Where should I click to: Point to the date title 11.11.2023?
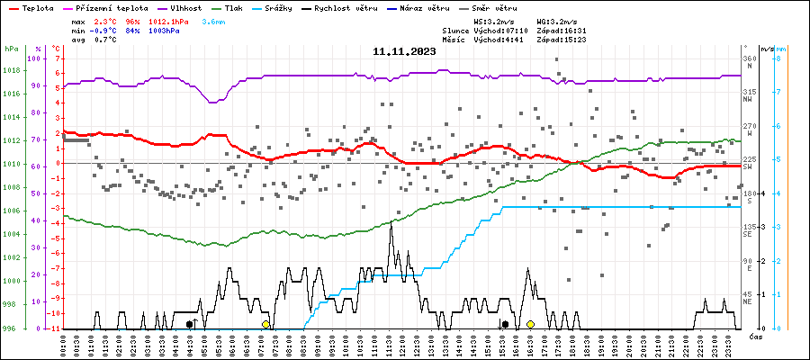(404, 52)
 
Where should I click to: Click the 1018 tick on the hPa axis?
(13, 70)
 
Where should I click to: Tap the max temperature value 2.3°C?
(105, 21)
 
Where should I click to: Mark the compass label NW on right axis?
(749, 100)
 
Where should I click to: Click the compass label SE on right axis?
(749, 235)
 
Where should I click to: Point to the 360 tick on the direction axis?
(749, 58)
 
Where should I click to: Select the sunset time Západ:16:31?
(561, 31)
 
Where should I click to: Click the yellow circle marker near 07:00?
(265, 324)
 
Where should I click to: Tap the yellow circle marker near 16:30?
(531, 324)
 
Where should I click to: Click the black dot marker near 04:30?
(189, 324)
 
